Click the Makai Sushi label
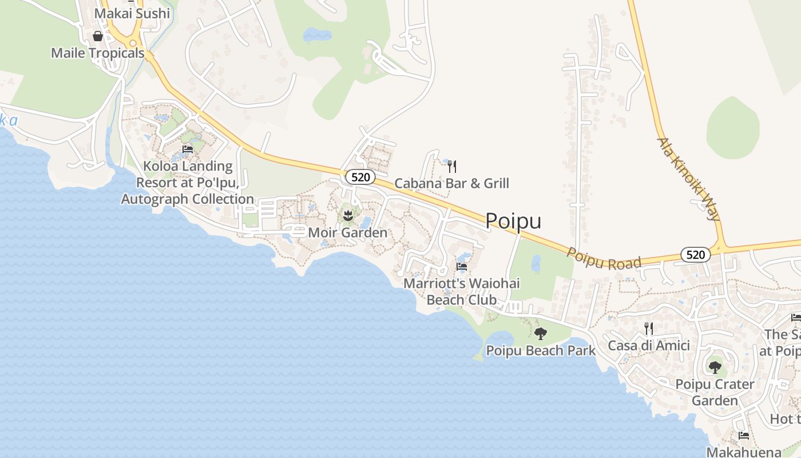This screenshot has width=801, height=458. (132, 13)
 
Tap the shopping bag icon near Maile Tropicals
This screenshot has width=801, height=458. (98, 36)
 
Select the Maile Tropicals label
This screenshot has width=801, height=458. (98, 53)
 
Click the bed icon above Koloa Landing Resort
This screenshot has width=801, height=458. (188, 150)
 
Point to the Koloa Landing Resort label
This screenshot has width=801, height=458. (188, 183)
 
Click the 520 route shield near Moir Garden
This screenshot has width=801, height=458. (360, 177)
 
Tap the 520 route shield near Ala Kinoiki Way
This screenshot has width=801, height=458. (695, 255)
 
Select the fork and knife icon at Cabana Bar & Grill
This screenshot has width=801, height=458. (452, 167)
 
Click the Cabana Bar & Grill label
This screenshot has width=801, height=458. (452, 183)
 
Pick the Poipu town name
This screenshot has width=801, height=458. (513, 222)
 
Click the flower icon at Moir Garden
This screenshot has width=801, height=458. (347, 216)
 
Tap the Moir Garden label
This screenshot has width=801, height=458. (347, 233)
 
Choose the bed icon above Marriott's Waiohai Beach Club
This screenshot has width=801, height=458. (462, 267)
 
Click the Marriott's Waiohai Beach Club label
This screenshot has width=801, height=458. (462, 291)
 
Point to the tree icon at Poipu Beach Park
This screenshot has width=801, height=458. (540, 334)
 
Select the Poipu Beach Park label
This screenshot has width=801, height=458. (541, 350)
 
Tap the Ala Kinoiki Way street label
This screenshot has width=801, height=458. (688, 179)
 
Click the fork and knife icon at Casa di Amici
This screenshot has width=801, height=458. (649, 329)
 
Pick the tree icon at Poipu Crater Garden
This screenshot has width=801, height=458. (715, 367)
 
